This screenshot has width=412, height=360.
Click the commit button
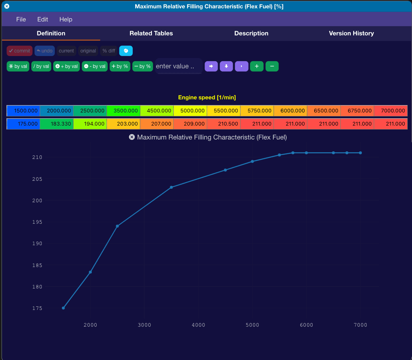[x=19, y=51]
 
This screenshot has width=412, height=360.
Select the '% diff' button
[x=109, y=51]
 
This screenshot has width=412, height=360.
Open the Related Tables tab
[x=151, y=33]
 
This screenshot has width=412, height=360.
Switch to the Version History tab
[x=351, y=33]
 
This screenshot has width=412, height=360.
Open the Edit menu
[x=43, y=19]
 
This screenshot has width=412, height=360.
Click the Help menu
[x=66, y=19]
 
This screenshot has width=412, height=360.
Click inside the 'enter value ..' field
[x=179, y=66]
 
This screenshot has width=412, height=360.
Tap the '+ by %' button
[x=120, y=66]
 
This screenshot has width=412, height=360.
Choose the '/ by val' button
[x=41, y=66]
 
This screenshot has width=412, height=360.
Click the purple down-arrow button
[x=226, y=66]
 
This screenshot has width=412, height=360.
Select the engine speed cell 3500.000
[x=124, y=111]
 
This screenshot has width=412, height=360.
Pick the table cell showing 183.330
[x=57, y=124]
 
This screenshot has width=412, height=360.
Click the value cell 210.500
[x=223, y=124]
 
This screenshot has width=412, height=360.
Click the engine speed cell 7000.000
[x=391, y=111]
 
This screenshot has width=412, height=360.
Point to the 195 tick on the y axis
[x=37, y=222]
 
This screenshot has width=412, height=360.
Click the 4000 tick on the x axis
[x=198, y=325]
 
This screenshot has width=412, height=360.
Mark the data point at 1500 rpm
[x=63, y=308]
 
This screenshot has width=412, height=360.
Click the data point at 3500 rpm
[x=171, y=187]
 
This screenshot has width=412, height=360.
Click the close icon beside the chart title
[x=132, y=137]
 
